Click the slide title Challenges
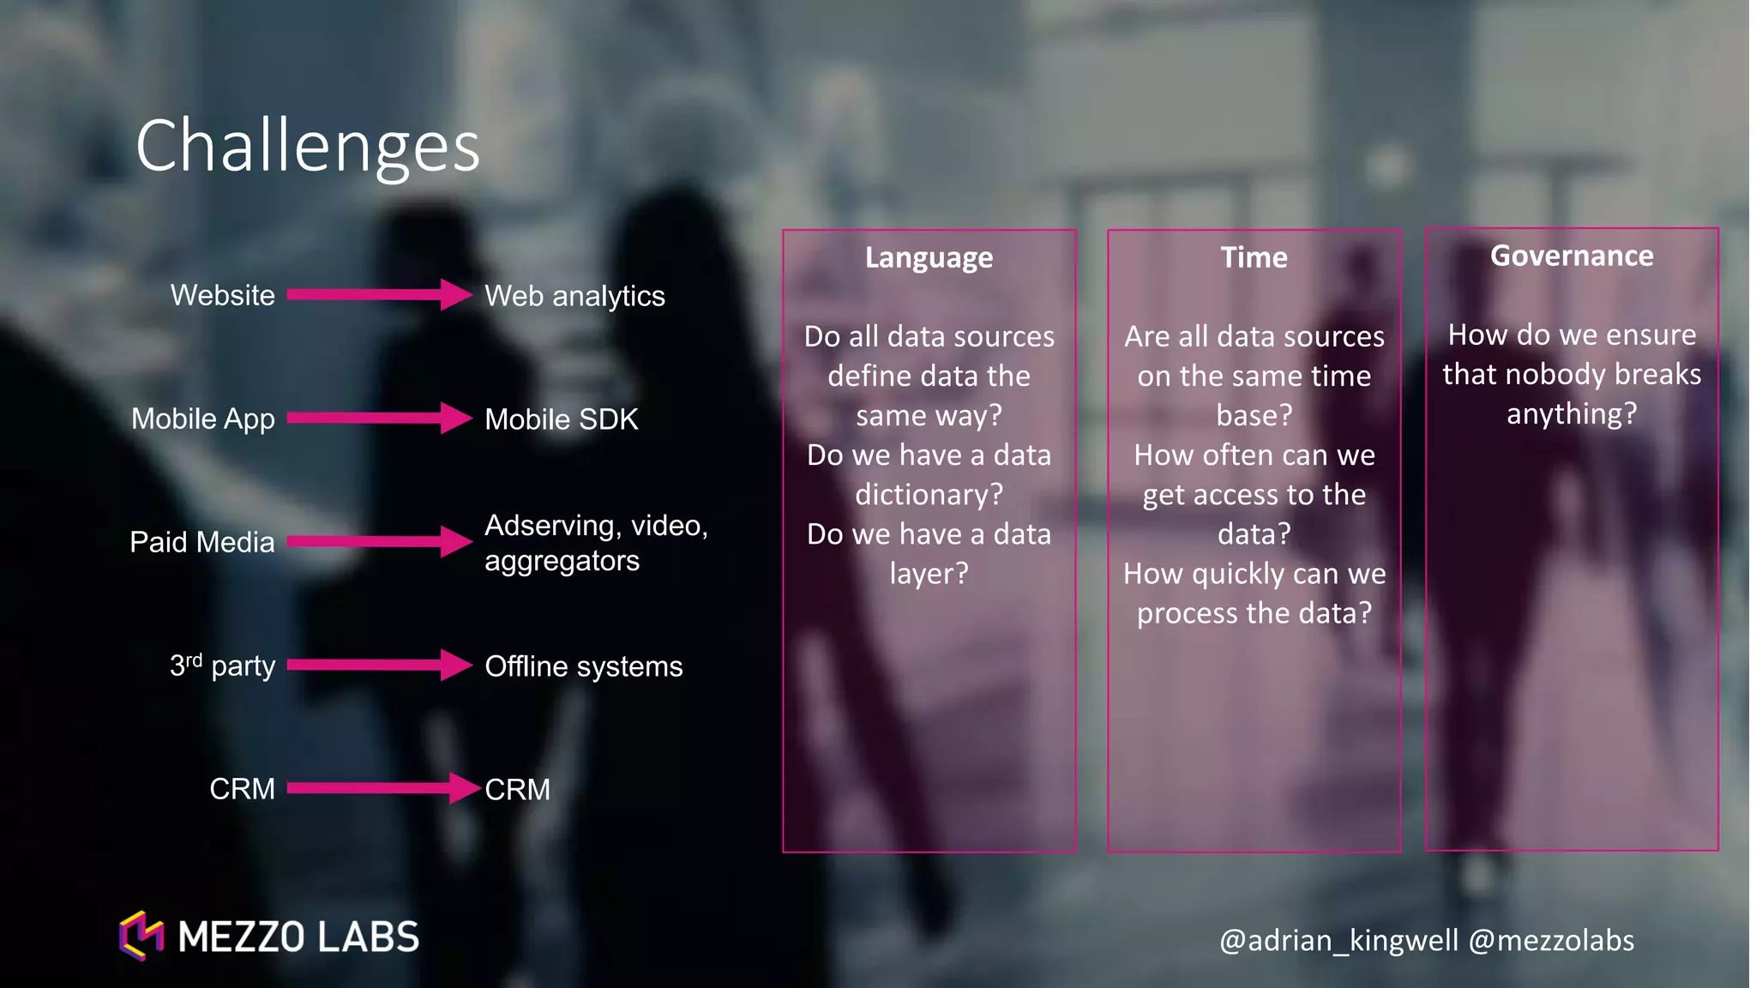(307, 147)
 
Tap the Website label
(223, 295)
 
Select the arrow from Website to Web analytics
(377, 295)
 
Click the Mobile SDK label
(562, 419)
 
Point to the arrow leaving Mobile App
(377, 419)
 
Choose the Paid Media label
(202, 542)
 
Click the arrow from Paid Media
(377, 541)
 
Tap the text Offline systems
(583, 666)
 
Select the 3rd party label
(223, 666)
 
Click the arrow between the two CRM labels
(382, 788)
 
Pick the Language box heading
(929, 257)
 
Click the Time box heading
(1254, 257)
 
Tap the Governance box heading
(1572, 256)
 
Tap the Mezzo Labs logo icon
(141, 936)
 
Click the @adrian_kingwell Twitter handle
(1338, 941)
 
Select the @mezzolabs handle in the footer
(1551, 941)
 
